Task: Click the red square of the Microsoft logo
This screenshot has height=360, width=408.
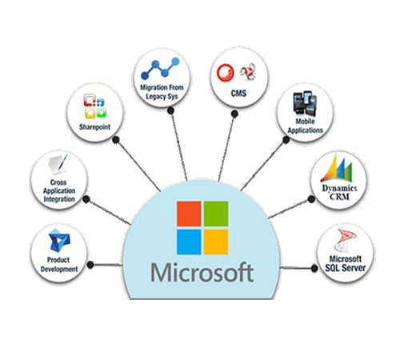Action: [189, 214]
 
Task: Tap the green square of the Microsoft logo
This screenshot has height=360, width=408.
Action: [216, 214]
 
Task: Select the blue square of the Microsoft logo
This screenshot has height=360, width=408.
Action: [189, 242]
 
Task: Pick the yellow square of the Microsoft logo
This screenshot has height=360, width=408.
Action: [216, 242]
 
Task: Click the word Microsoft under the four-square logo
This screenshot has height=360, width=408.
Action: [202, 273]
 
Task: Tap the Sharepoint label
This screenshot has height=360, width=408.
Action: [94, 127]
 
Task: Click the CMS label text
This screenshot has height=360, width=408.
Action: [238, 94]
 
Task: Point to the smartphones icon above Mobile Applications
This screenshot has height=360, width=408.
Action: [305, 103]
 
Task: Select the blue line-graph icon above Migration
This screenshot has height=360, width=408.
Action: [160, 68]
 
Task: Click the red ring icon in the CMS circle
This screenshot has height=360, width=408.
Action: [226, 73]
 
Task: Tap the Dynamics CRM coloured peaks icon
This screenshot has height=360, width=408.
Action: [337, 168]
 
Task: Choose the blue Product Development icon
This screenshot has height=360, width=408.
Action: [59, 241]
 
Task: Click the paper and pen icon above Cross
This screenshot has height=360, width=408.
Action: [58, 164]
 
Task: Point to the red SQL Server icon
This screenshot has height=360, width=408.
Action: [345, 239]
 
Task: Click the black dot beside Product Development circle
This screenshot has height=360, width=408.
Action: [90, 265]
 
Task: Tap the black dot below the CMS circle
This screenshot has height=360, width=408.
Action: [234, 114]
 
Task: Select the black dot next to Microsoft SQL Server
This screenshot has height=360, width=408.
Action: [314, 268]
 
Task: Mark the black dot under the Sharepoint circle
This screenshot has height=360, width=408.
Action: [116, 140]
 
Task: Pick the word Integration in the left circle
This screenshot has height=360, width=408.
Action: [59, 199]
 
